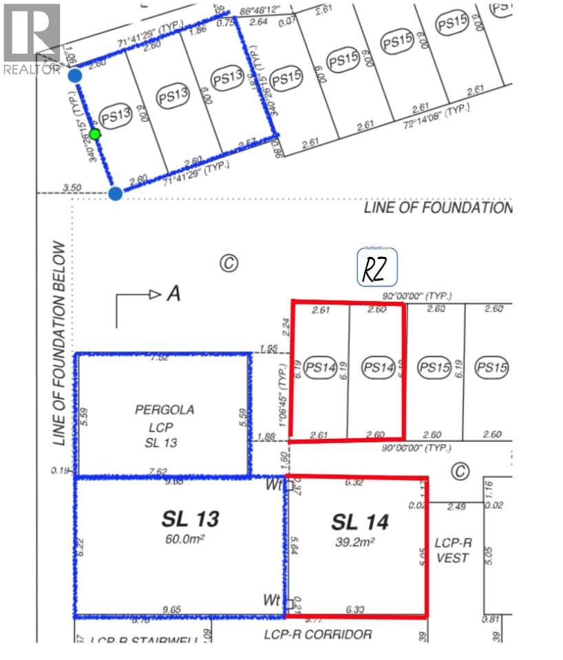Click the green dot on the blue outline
click(95, 134)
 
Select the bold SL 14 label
click(360, 522)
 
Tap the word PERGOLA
click(164, 410)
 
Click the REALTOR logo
click(32, 39)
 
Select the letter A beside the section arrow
click(173, 295)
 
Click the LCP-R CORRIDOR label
click(318, 634)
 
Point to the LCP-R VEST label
click(452, 549)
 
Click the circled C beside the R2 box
click(229, 262)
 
